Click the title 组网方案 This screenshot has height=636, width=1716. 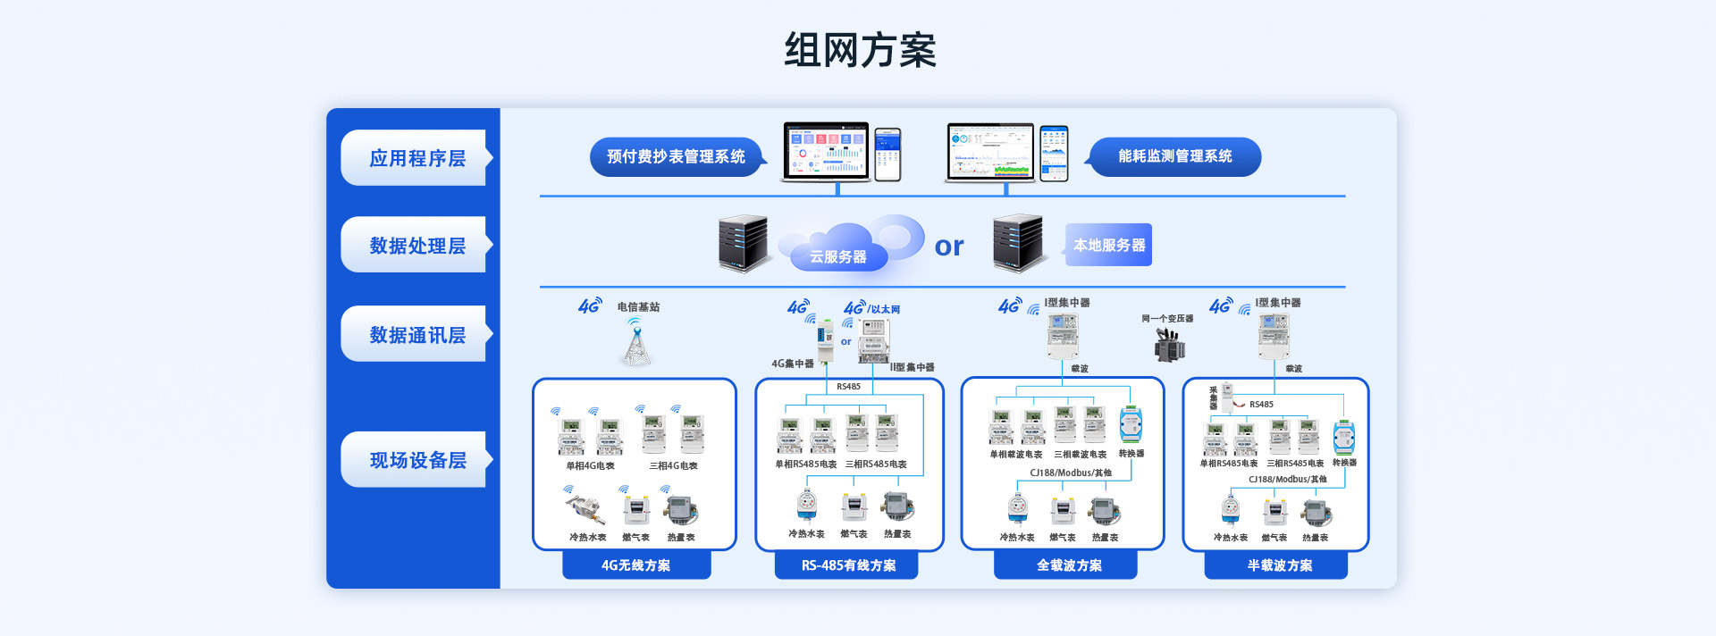860,50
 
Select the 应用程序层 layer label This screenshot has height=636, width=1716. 417,158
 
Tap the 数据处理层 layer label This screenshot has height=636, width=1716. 417,245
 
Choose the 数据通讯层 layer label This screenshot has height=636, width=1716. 417,334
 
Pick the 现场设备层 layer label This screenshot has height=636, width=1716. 417,459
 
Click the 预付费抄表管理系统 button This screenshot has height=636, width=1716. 676,156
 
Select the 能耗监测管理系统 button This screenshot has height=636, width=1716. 1174,156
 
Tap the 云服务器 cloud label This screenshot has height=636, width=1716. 837,256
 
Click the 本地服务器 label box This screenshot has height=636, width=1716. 1108,245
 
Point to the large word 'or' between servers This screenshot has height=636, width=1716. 949,247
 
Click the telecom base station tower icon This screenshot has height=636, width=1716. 636,344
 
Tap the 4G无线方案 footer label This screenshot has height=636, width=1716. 635,565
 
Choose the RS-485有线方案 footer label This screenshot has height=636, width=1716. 847,565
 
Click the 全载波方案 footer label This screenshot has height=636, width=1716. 1068,565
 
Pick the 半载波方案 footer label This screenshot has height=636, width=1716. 1279,565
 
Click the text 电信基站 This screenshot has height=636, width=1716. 638,307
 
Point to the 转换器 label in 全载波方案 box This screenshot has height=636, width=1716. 1131,454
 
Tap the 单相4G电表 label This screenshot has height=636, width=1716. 590,465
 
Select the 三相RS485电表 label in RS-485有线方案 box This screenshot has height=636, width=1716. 876,464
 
